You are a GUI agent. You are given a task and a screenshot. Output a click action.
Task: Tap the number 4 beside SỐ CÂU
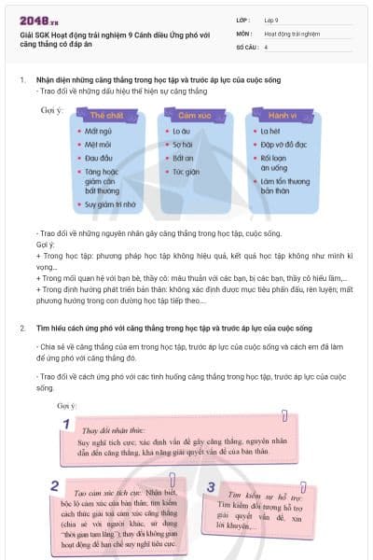(x=267, y=46)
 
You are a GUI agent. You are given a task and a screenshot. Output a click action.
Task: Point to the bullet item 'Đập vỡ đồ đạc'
(x=284, y=145)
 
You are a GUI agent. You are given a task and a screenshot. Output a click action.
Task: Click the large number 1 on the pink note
(x=65, y=425)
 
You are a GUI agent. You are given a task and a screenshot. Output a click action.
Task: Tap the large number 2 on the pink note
(x=55, y=485)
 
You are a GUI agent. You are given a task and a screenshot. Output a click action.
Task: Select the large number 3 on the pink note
(x=212, y=487)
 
